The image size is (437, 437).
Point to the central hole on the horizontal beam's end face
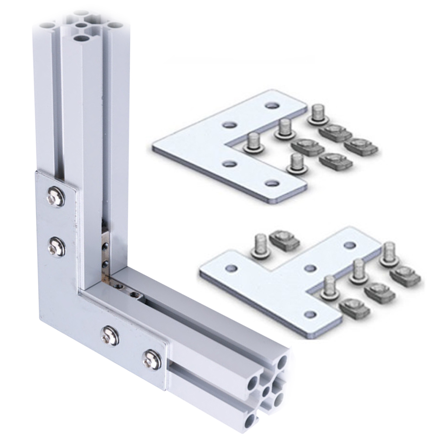click(x=265, y=388)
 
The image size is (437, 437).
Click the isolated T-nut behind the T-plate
click(x=283, y=240)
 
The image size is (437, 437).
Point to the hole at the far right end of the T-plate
click(x=350, y=246)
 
